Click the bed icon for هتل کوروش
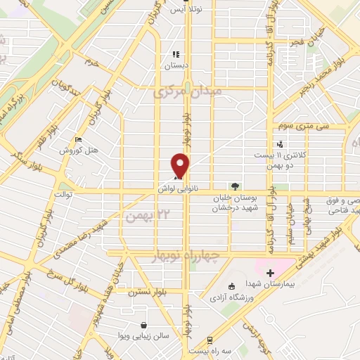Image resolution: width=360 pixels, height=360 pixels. coord(78,139)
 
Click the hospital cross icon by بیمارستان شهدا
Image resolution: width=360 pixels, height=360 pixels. coord(270,272)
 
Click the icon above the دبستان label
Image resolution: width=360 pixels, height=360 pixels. coord(176,53)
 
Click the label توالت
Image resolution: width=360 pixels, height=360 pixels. coord(63,191)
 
